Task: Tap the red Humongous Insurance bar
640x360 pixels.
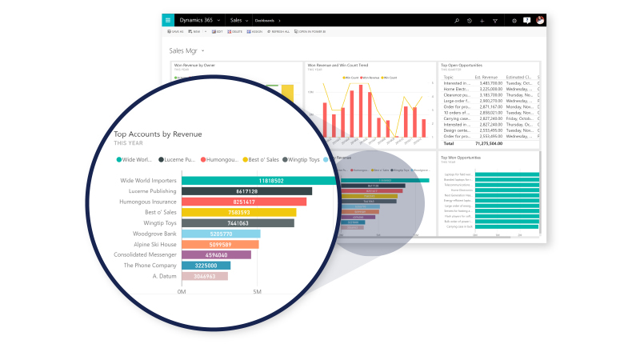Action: tap(244, 202)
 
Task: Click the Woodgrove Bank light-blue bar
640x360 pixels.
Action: tap(221, 234)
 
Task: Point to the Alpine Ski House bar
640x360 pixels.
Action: tap(220, 244)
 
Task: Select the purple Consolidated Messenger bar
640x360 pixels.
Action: tap(216, 255)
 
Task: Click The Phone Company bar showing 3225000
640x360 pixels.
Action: tap(206, 266)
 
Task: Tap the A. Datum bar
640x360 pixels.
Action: tap(205, 276)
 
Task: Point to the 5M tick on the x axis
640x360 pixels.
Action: tap(258, 292)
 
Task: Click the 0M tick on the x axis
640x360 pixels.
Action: tap(182, 292)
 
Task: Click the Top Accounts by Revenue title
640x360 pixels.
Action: tap(158, 134)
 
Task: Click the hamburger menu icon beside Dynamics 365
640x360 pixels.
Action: tap(168, 21)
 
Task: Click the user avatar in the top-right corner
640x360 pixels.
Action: tap(541, 21)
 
